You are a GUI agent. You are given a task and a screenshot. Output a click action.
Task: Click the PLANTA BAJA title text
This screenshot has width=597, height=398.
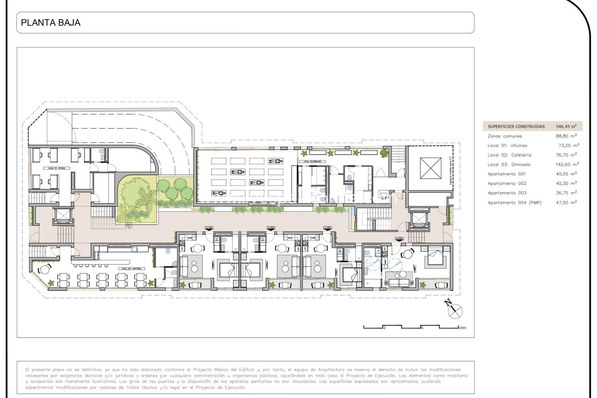point(50,23)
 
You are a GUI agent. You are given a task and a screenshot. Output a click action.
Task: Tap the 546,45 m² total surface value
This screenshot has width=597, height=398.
point(566,126)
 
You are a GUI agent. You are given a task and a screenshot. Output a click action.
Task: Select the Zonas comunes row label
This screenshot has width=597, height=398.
point(505,136)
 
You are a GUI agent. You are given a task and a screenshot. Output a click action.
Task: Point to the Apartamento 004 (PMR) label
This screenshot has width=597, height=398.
point(514,202)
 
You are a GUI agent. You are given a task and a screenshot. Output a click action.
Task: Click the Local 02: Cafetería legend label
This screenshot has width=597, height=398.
point(509,155)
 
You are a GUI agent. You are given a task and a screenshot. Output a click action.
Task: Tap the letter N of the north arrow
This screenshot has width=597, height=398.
point(448,302)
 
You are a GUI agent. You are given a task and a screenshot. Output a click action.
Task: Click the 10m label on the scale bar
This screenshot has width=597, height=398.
point(462,328)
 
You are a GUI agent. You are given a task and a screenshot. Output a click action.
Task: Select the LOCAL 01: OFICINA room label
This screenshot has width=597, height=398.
point(57,168)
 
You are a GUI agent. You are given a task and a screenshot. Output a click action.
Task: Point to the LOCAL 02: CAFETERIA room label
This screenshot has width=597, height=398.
point(132,269)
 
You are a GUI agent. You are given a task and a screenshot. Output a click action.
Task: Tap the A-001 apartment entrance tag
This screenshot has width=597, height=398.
point(209,228)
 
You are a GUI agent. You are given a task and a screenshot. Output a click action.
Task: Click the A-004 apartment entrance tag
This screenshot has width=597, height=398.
point(399,238)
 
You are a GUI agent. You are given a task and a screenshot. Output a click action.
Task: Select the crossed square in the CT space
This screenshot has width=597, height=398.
point(430,168)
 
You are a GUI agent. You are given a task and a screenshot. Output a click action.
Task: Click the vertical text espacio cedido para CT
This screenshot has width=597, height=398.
point(451,170)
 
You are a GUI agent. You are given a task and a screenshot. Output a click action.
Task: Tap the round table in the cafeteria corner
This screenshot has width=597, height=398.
point(45,269)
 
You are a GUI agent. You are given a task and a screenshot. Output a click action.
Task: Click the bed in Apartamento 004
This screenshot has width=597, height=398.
point(436,256)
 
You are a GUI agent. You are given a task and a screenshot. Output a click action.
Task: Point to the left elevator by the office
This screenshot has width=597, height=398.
point(63,215)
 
